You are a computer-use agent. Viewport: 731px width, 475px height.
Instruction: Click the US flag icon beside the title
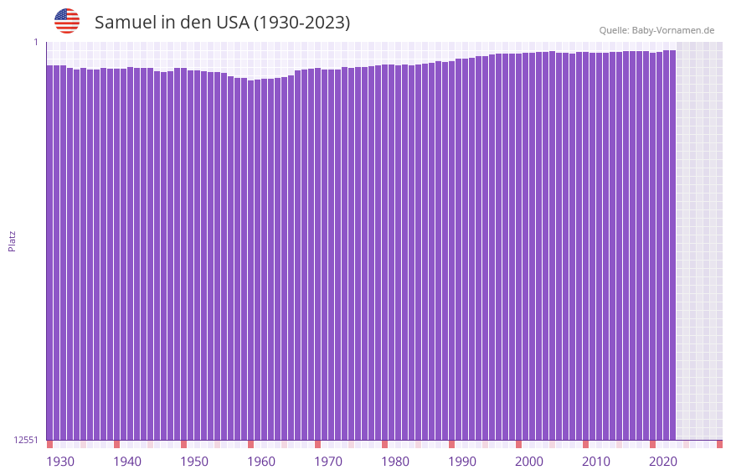(67, 21)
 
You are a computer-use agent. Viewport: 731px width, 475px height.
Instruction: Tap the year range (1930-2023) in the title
(301, 23)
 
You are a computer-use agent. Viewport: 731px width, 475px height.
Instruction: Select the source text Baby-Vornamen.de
(672, 30)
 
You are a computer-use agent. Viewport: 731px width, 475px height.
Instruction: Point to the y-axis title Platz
(12, 240)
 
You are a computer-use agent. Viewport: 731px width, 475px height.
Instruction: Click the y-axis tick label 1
(36, 42)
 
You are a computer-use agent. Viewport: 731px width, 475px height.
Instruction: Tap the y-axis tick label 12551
(26, 440)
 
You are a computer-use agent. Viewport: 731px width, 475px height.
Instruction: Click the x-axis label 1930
(60, 462)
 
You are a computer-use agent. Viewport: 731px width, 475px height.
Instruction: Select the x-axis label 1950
(194, 462)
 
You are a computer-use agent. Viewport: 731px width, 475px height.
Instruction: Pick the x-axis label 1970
(328, 462)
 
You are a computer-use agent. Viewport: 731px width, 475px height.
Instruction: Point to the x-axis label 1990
(462, 462)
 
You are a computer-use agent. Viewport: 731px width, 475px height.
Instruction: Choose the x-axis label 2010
(596, 462)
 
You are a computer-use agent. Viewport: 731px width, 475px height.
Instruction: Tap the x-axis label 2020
(663, 462)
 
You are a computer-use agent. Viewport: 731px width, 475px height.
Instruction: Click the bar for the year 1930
(49, 251)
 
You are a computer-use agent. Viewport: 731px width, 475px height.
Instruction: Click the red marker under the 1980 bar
(384, 444)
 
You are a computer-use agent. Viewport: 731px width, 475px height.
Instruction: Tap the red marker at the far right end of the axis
(719, 444)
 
